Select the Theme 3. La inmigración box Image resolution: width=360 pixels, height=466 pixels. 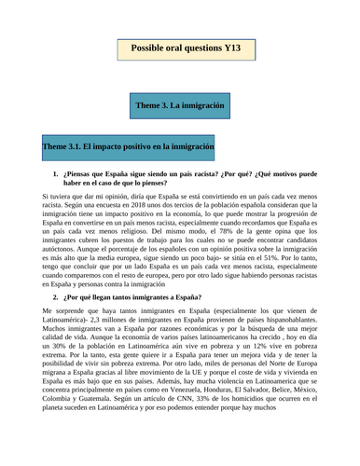(180, 108)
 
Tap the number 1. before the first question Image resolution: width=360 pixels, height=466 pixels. (56, 174)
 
